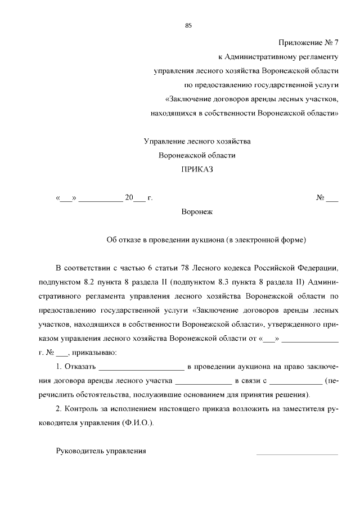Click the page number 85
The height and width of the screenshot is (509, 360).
(x=188, y=25)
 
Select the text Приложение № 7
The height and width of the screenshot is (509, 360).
(x=308, y=43)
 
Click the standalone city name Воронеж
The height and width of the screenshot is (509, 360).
(x=197, y=212)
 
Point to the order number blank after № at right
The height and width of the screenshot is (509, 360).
(x=332, y=198)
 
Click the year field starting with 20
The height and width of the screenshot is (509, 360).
(x=134, y=198)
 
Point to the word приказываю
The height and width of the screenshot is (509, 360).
(x=94, y=353)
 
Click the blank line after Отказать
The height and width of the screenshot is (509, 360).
(x=141, y=368)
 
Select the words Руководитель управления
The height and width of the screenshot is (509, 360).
(x=101, y=451)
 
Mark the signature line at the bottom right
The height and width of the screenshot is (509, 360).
(x=297, y=453)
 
